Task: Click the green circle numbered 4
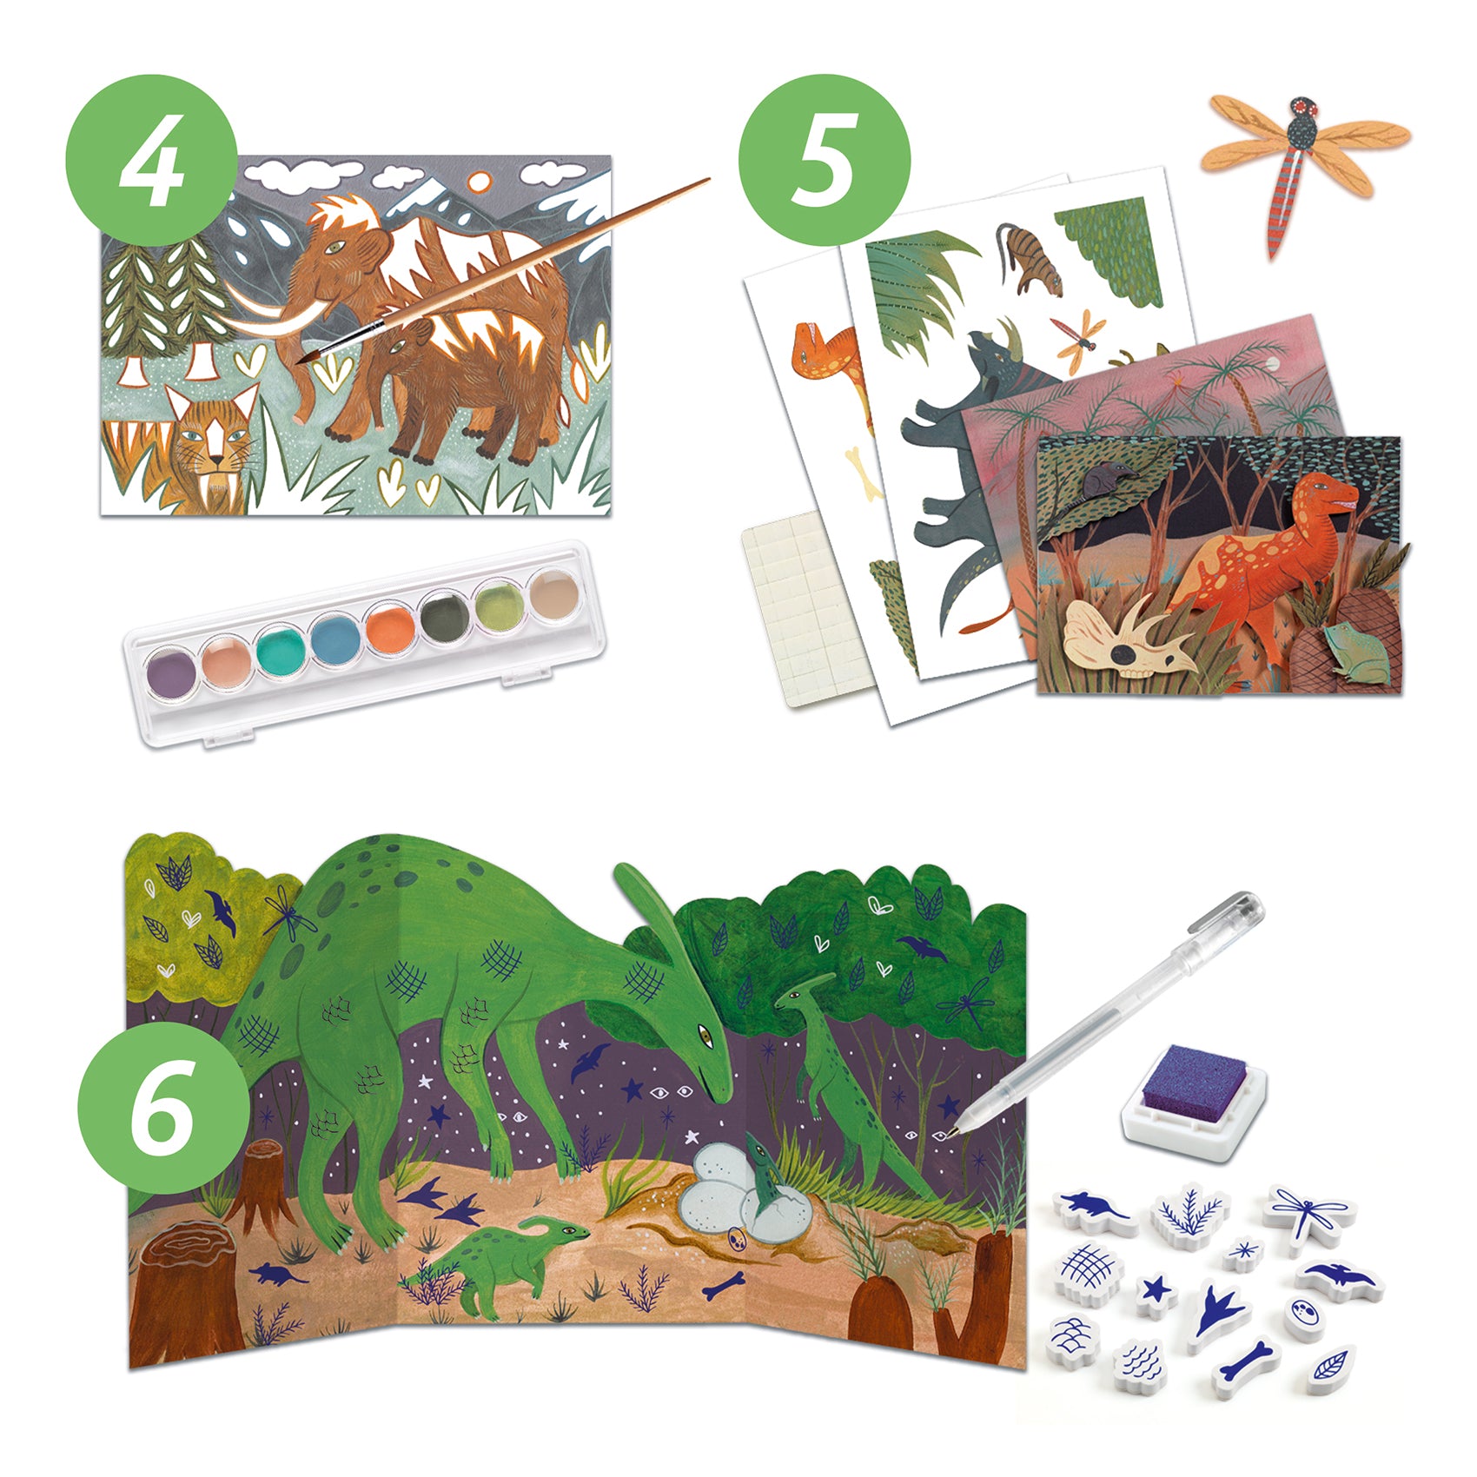151,161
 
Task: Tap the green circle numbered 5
824,161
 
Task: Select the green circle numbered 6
164,1107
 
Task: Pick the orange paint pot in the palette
388,627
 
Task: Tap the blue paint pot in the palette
334,640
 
